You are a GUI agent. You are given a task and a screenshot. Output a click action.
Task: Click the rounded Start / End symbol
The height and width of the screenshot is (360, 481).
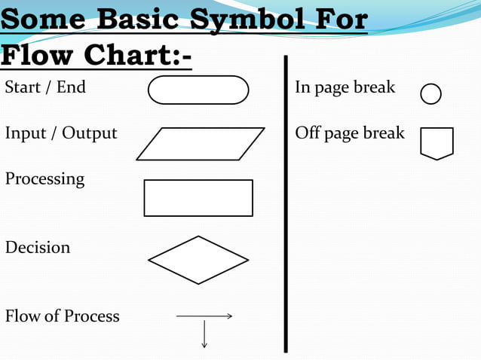198,90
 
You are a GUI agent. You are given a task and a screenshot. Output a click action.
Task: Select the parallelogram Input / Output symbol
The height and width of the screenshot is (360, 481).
201,144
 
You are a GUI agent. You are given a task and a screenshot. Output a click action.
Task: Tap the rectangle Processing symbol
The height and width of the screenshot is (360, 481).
198,198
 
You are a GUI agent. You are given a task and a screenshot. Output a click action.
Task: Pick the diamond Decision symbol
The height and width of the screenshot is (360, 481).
198,260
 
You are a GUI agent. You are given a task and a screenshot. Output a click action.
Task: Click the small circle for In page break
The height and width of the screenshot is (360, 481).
430,94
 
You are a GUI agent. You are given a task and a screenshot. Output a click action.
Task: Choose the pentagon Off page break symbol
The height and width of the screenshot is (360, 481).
437,143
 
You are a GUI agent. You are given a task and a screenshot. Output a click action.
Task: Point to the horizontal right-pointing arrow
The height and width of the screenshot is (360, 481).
204,317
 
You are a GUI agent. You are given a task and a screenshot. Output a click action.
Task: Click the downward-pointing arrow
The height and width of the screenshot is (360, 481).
204,334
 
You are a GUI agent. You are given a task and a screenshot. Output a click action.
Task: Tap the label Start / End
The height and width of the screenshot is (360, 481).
45,87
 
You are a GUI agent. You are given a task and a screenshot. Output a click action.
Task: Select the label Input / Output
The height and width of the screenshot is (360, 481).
61,133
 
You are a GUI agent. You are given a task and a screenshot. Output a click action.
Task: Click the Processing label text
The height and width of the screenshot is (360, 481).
44,179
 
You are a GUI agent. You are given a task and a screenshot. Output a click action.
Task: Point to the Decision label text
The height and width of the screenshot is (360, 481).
38,247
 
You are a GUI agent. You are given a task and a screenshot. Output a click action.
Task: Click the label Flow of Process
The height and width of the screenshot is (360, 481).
63,316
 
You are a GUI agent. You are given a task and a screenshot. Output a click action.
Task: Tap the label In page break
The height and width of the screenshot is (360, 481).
345,87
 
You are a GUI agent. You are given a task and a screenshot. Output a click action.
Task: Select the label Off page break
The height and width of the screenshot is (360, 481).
350,133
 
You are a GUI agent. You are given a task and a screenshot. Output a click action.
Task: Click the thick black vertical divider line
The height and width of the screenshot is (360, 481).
286,203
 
